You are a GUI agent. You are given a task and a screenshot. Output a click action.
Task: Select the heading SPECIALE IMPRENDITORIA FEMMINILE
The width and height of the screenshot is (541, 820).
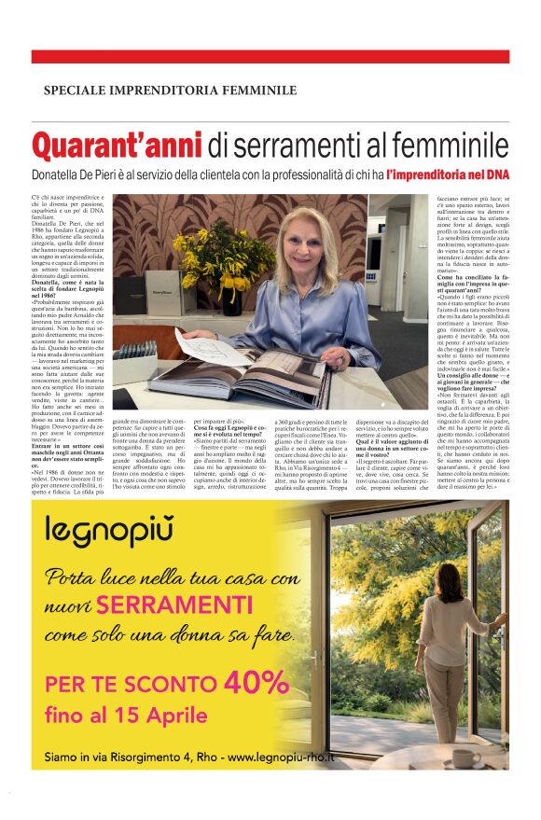point(170,90)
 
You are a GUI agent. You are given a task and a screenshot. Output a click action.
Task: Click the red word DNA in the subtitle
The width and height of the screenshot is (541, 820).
point(495,174)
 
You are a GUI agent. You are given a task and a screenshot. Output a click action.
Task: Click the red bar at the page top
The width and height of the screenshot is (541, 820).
point(270,57)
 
